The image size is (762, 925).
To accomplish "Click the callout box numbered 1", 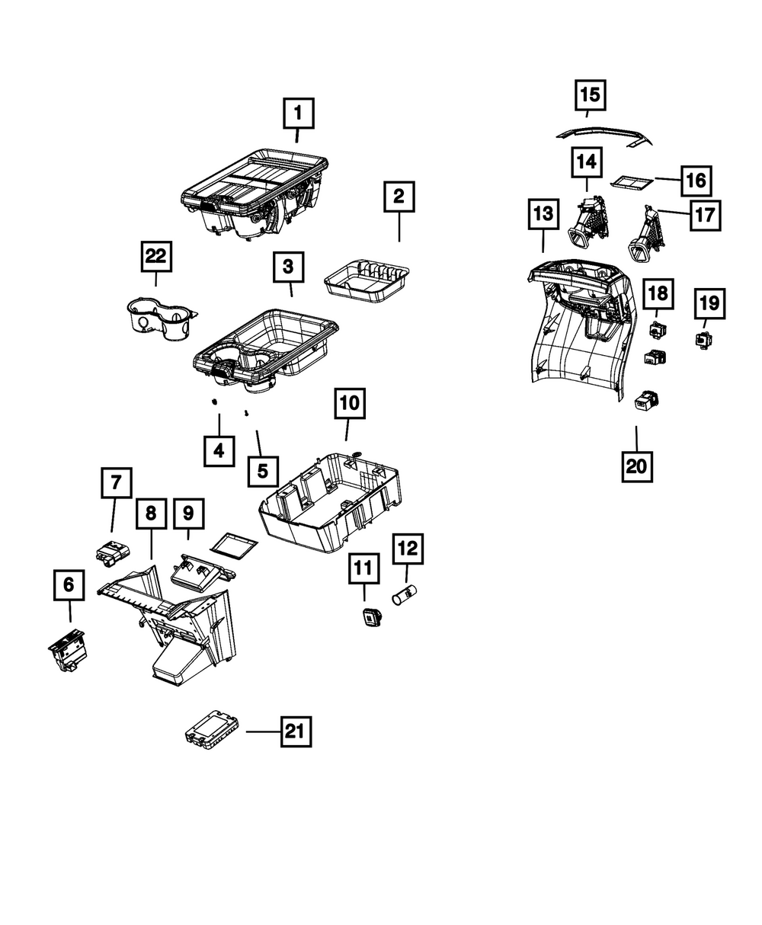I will (299, 115).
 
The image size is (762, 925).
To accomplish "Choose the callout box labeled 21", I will (296, 732).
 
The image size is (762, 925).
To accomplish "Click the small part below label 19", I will (700, 338).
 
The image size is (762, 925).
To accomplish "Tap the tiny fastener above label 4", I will (216, 402).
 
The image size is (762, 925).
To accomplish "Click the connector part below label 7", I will (111, 552).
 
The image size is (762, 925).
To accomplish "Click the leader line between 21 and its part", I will (263, 732).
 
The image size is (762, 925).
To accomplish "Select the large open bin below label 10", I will (328, 505).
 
